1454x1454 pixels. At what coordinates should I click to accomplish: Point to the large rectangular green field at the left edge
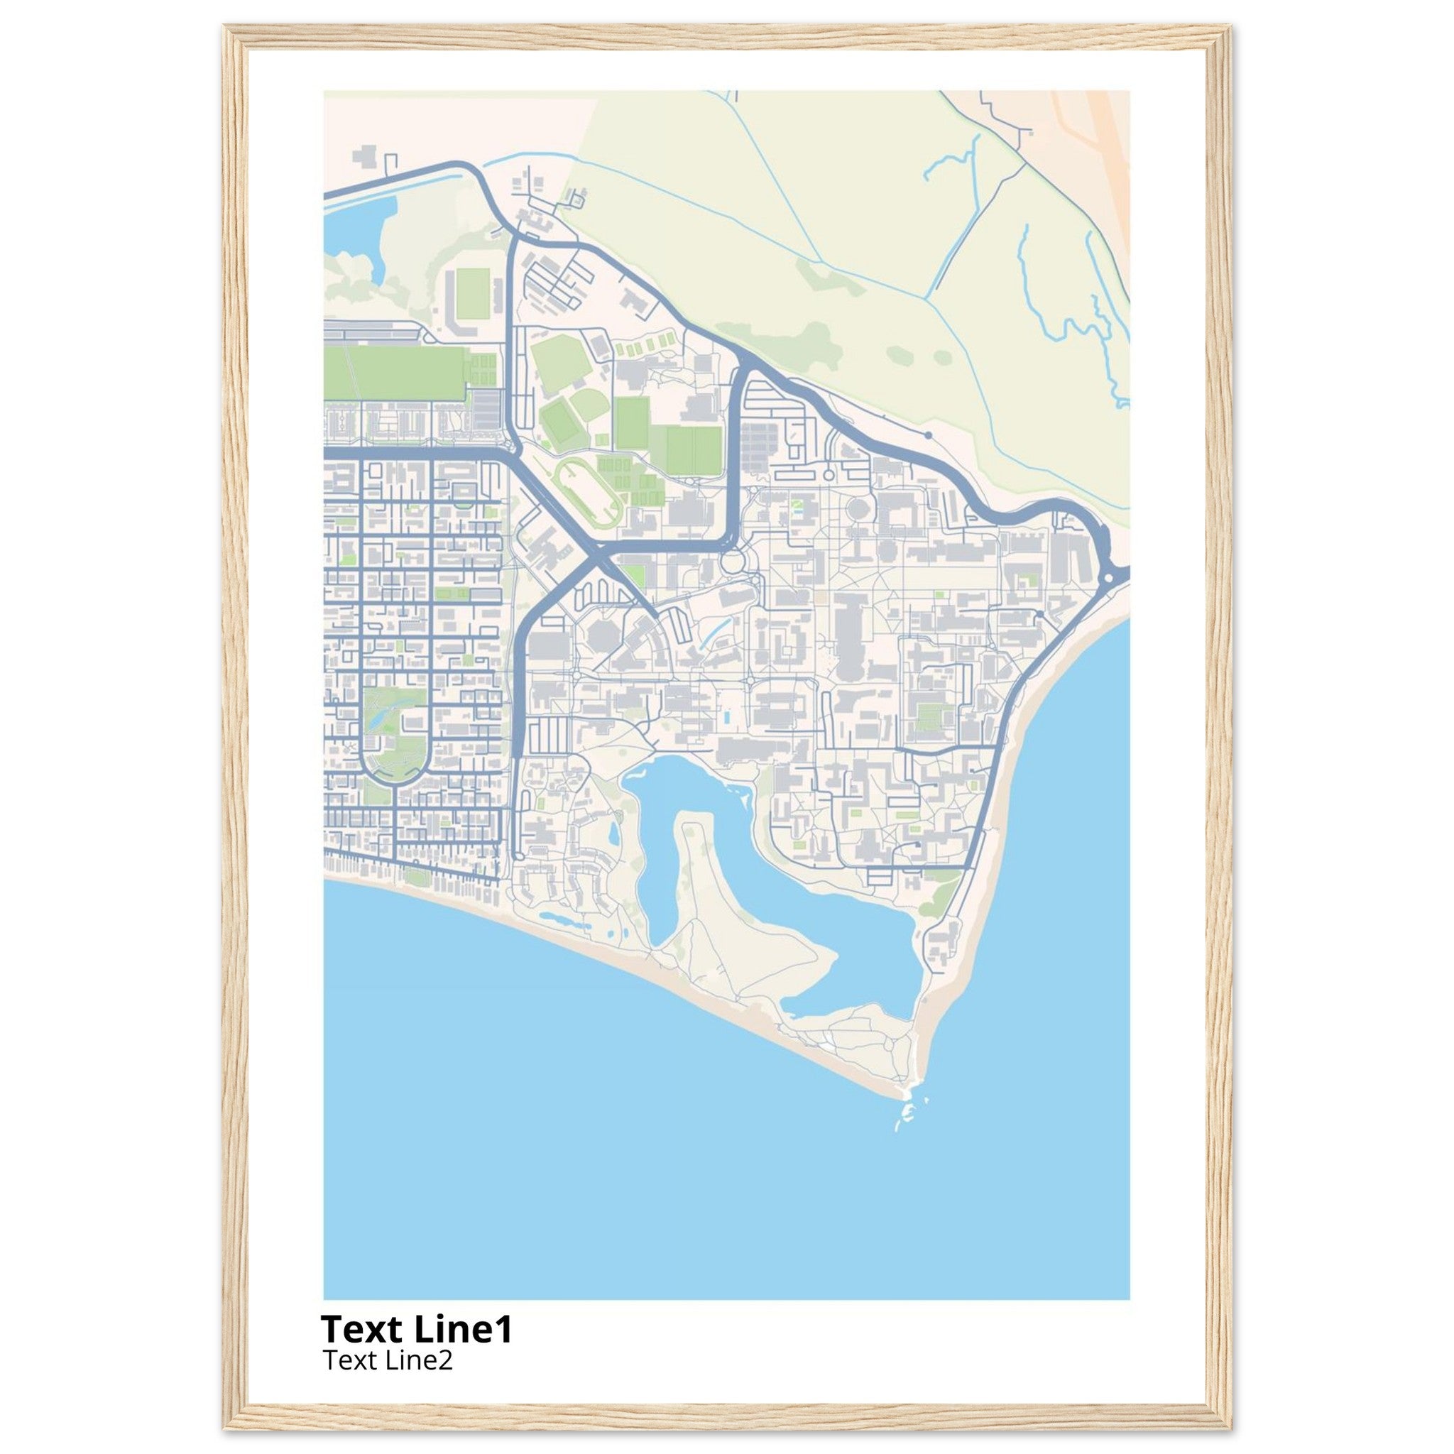coord(395,373)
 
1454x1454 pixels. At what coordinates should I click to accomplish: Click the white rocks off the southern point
coord(905,1114)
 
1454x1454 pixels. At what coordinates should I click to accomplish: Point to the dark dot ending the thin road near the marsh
coord(928,435)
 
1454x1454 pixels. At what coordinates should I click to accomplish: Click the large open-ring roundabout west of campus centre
coord(731,562)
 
